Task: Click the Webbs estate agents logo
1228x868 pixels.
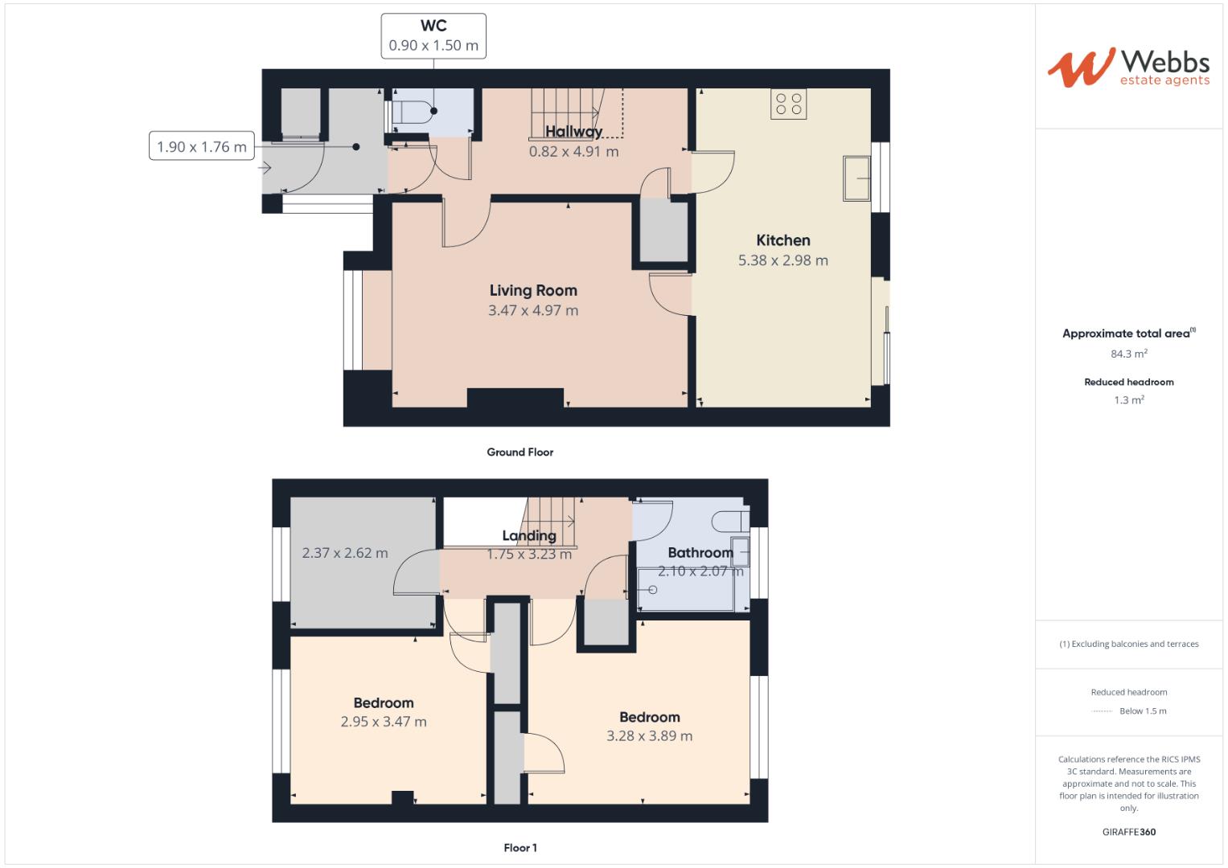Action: [x=1128, y=68]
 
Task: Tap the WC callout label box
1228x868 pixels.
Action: [x=433, y=36]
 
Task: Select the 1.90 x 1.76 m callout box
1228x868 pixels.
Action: [x=201, y=146]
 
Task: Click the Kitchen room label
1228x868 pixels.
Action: [x=782, y=240]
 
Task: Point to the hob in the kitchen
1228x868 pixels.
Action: [x=788, y=104]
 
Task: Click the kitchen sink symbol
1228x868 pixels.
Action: [x=856, y=178]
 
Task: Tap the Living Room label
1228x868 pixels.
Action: [x=533, y=290]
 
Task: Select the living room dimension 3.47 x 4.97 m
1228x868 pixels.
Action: [x=533, y=310]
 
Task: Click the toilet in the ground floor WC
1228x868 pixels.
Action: [x=411, y=112]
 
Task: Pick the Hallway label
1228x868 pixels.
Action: [x=573, y=132]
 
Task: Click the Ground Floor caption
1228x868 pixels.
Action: [x=520, y=452]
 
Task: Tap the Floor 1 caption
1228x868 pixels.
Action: [x=520, y=848]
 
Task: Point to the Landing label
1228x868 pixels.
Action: [x=528, y=535]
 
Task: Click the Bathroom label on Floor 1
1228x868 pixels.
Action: [x=700, y=552]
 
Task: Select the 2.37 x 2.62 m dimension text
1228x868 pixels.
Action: [x=344, y=553]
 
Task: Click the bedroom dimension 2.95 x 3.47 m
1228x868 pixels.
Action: [x=384, y=722]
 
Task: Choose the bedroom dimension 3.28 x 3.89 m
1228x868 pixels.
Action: [x=649, y=735]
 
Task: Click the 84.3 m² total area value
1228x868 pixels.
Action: [x=1128, y=354]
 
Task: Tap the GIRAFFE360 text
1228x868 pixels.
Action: [x=1128, y=832]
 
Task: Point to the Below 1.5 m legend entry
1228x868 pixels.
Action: [x=1142, y=711]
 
